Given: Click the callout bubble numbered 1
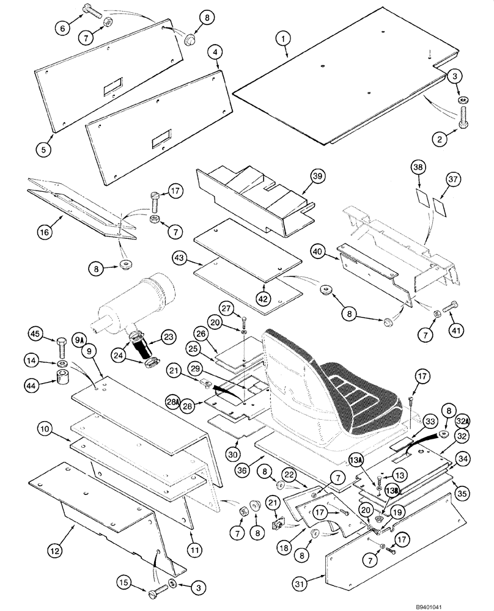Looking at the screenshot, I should (x=282, y=39).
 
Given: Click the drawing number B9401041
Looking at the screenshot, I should (x=462, y=603).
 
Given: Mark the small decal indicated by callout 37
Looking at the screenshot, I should (x=440, y=203).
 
